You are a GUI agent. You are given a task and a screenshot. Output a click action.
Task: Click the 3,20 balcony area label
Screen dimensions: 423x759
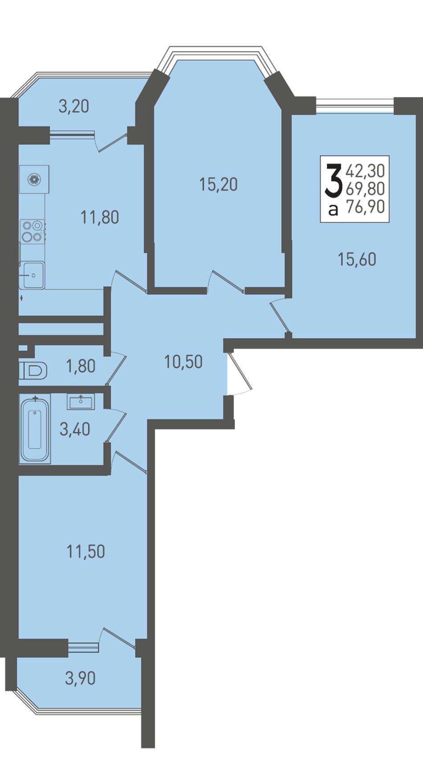click(x=74, y=106)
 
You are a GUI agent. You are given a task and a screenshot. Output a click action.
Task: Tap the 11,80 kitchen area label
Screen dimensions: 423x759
click(x=100, y=218)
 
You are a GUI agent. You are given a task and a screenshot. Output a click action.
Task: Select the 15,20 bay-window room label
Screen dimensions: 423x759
click(x=219, y=185)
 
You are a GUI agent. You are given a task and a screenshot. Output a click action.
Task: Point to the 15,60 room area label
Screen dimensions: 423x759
click(x=357, y=260)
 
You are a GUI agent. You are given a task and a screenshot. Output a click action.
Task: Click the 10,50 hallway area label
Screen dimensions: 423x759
click(x=183, y=362)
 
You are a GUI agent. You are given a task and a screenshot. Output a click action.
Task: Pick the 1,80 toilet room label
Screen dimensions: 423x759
click(x=81, y=366)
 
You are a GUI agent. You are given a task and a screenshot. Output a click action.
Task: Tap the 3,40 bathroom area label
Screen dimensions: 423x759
click(x=75, y=430)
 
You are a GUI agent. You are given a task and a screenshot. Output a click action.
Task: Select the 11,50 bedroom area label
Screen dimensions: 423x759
click(x=86, y=552)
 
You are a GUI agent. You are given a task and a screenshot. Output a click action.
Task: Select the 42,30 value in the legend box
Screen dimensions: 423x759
click(x=366, y=171)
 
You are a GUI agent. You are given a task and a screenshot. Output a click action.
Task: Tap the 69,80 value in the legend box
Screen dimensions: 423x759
click(x=366, y=188)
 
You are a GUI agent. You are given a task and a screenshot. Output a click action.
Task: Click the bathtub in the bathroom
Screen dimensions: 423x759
click(x=35, y=428)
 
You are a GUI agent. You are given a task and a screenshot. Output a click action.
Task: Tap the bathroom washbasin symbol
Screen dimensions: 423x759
click(x=81, y=402)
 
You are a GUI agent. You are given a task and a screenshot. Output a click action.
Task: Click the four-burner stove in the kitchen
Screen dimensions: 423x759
click(x=33, y=231)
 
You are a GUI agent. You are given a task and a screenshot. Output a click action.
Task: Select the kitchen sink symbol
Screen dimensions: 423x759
click(x=32, y=275)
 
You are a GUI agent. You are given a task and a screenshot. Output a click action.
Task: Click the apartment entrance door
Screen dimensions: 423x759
click(x=240, y=373)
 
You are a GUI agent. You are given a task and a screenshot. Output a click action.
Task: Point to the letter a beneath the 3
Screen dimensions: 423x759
click(x=334, y=211)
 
